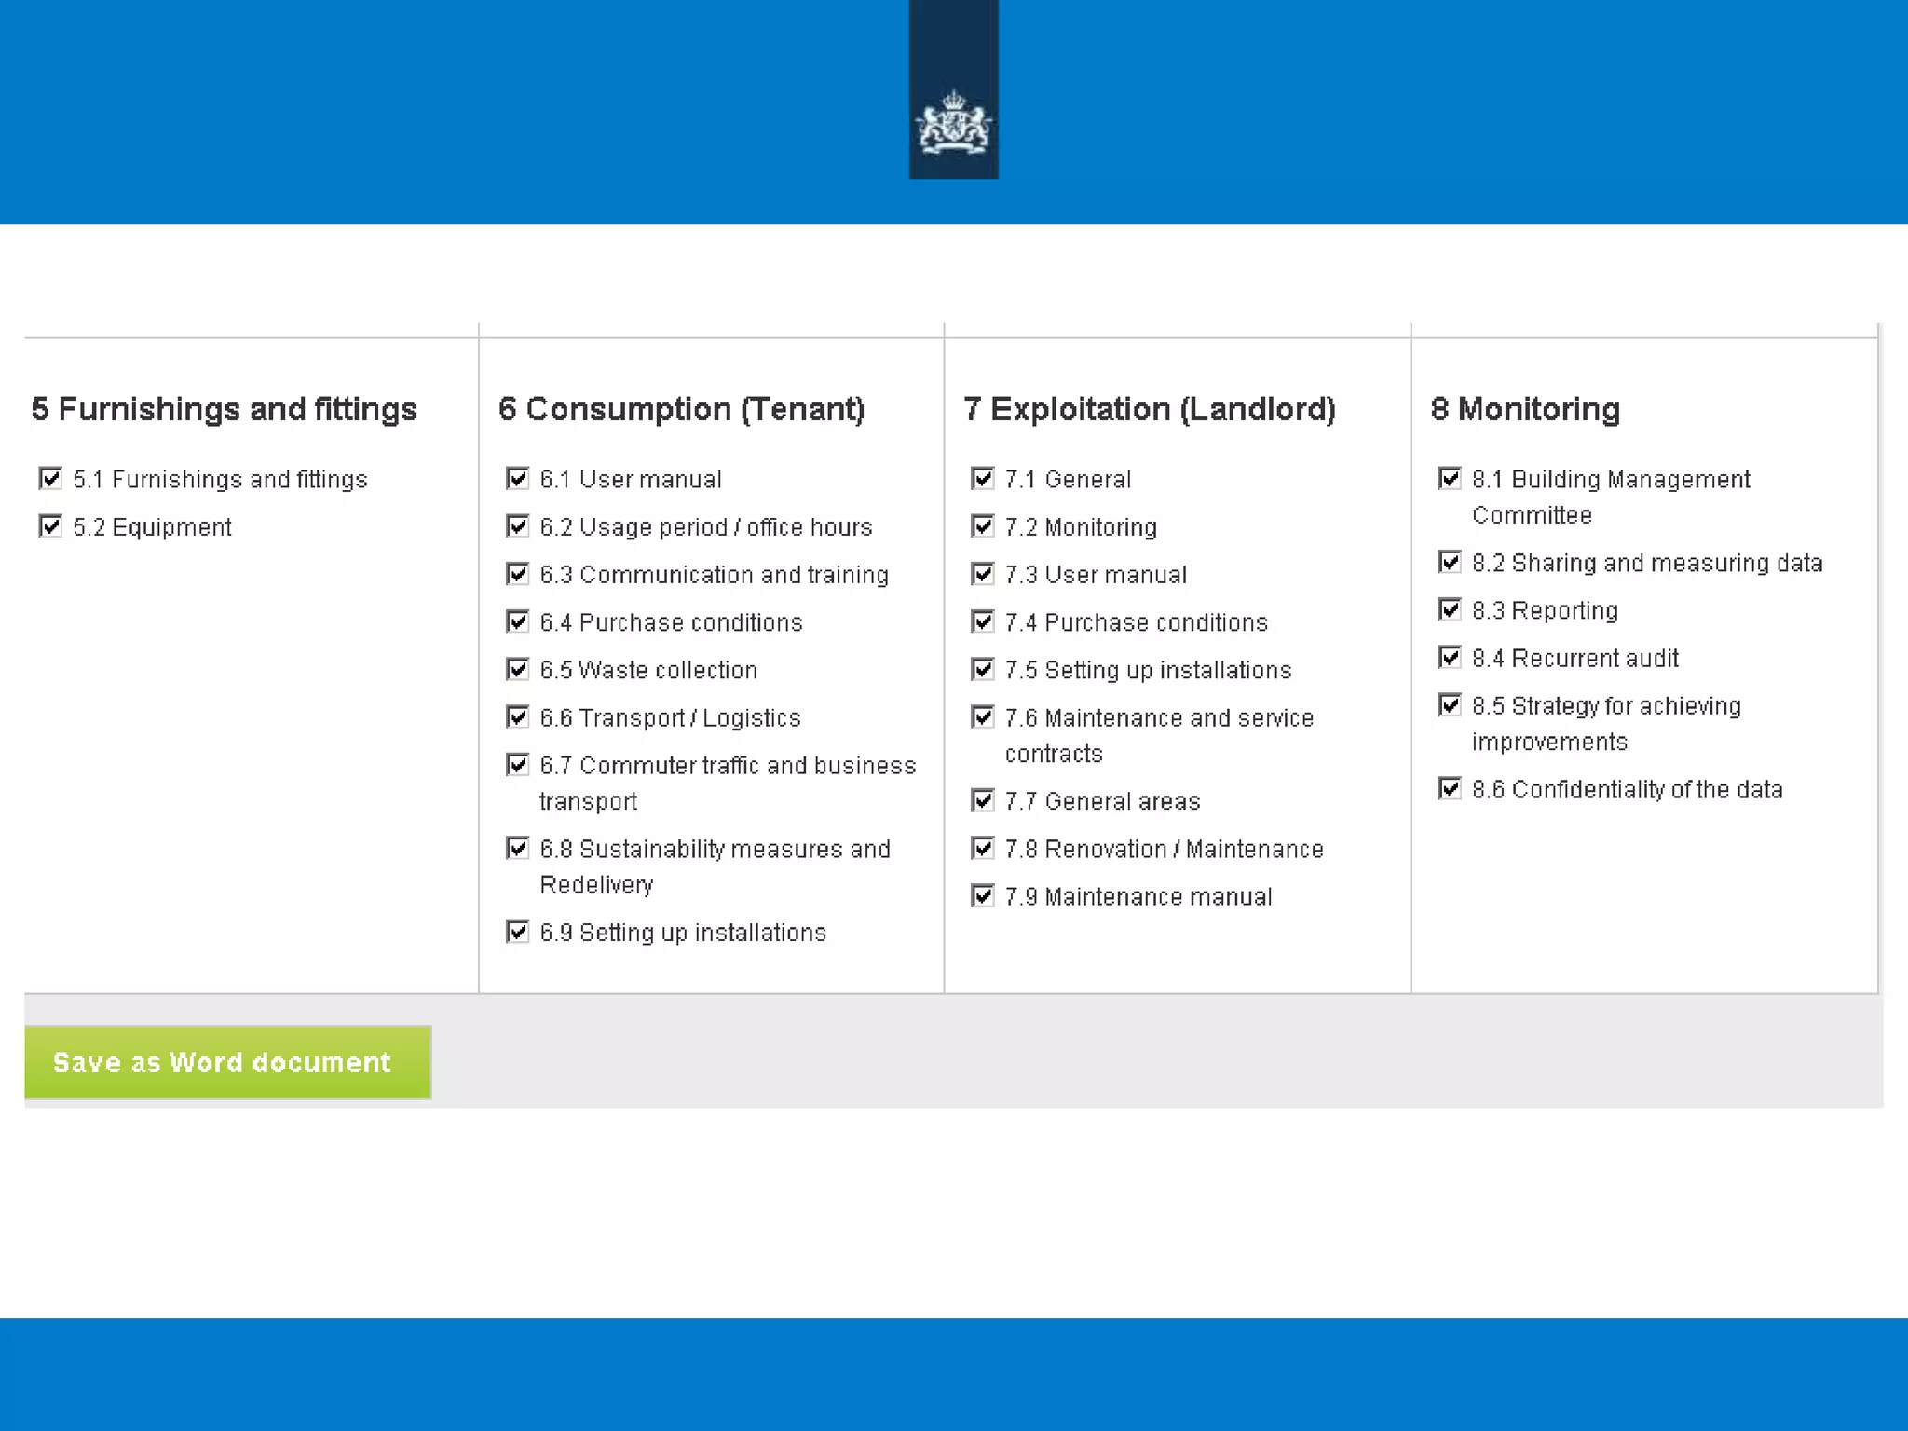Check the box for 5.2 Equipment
click(x=50, y=526)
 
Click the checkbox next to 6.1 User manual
click(x=517, y=479)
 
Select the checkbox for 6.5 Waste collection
click(x=517, y=669)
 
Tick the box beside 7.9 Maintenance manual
click(x=982, y=896)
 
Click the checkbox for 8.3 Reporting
click(x=1449, y=610)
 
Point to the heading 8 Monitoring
click(x=1525, y=409)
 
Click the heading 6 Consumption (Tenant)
click(x=681, y=409)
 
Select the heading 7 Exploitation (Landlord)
click(x=1150, y=409)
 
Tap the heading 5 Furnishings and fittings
click(x=224, y=409)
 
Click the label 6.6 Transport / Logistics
click(x=670, y=717)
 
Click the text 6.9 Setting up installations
click(x=682, y=933)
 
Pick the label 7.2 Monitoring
click(x=1081, y=527)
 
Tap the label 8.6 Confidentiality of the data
click(x=1627, y=790)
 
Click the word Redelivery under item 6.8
click(x=596, y=885)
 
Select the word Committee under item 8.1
click(x=1532, y=515)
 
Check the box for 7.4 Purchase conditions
click(x=982, y=621)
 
